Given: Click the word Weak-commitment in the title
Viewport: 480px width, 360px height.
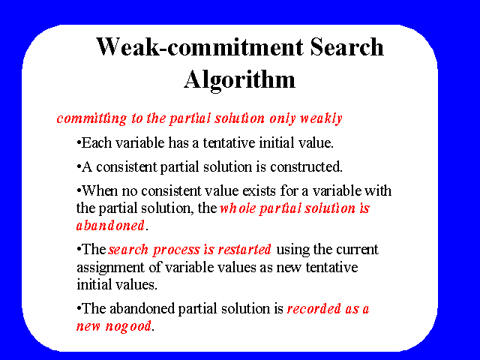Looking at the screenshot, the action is point(200,46).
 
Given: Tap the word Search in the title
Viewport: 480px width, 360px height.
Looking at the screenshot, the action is point(346,46).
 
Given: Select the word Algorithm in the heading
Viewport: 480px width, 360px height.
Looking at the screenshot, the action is point(240,80).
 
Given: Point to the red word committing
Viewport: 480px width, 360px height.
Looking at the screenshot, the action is point(91,118).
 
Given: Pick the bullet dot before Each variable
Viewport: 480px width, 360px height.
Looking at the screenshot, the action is point(79,142).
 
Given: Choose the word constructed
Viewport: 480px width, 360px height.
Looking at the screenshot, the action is point(306,166).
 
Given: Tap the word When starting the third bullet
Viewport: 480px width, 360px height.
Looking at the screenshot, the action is point(100,190).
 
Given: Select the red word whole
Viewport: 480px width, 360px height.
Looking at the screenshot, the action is point(238,208).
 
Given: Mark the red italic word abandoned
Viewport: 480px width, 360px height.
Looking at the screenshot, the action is point(110,226).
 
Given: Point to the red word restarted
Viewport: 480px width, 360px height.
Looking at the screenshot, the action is point(244,250).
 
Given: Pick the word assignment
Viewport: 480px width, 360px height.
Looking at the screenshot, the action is point(110,268).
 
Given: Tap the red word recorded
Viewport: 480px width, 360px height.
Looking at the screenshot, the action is point(313,308).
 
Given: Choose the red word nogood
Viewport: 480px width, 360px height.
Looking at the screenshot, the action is point(128,326).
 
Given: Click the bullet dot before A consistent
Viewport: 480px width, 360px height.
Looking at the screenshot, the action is point(79,166).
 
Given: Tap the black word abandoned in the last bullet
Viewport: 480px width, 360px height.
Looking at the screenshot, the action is point(142,308).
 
